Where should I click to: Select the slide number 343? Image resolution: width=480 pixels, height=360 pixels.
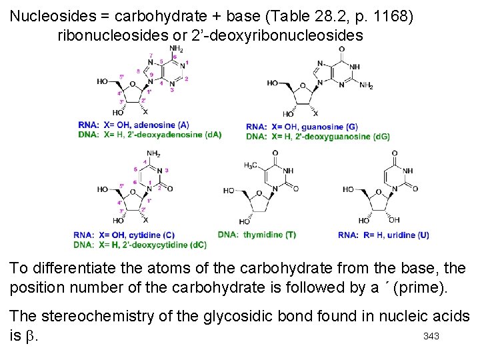coord(431,336)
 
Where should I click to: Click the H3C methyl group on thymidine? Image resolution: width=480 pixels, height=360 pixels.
coord(252,165)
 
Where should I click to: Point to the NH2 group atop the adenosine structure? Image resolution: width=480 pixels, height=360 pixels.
coord(176,49)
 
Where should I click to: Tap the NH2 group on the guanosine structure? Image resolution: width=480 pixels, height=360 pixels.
coord(366,86)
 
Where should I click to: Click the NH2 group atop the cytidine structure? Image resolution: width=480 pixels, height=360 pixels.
coord(153,154)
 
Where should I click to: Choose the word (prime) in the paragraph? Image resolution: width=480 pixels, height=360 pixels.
coord(407,288)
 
